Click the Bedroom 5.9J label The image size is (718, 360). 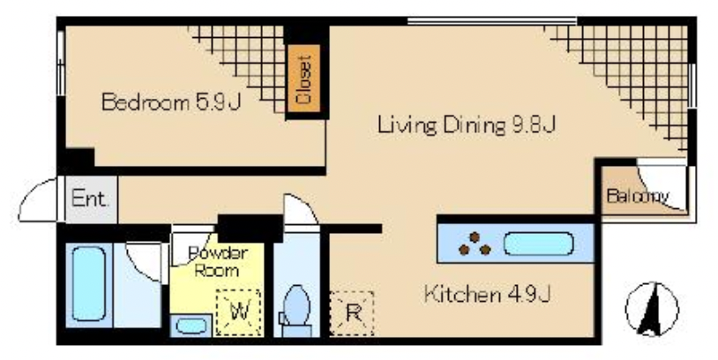pyautogui.click(x=171, y=101)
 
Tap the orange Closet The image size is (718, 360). pyautogui.click(x=303, y=79)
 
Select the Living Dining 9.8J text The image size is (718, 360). pyautogui.click(x=467, y=124)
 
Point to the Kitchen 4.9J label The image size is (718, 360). pyautogui.click(x=487, y=294)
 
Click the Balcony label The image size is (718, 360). pyautogui.click(x=638, y=196)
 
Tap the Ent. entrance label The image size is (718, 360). pyautogui.click(x=90, y=199)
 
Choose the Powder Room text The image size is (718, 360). pyautogui.click(x=218, y=261)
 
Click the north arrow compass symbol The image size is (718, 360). pyautogui.click(x=652, y=309)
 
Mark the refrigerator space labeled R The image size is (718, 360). pyautogui.click(x=352, y=313)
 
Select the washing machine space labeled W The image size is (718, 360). pyautogui.click(x=238, y=312)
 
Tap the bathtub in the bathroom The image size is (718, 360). pyautogui.click(x=89, y=284)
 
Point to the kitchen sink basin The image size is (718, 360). pyautogui.click(x=538, y=244)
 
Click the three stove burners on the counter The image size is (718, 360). pyautogui.click(x=475, y=244)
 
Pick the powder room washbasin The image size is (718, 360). pyautogui.click(x=191, y=326)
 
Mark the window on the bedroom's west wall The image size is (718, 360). pyautogui.click(x=61, y=64)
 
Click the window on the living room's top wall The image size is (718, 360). pyautogui.click(x=492, y=20)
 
